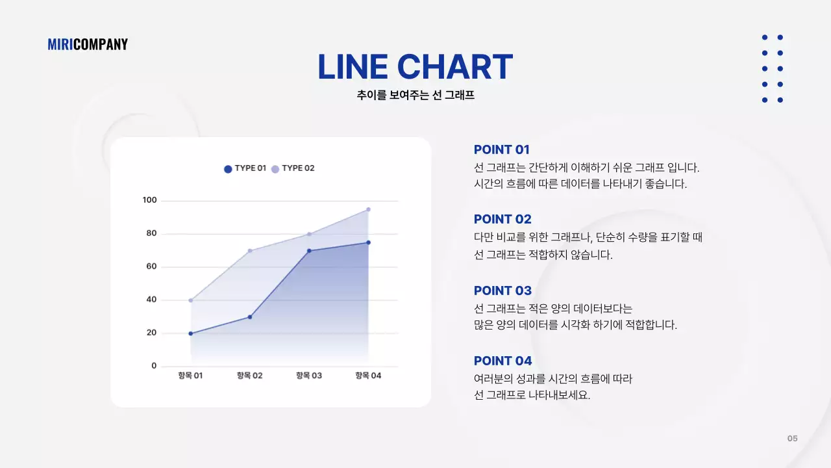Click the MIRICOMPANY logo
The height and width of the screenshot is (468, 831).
(88, 44)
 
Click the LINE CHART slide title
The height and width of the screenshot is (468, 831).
(415, 67)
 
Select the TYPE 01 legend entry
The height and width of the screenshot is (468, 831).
(245, 168)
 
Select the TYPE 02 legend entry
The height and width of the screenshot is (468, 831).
(293, 168)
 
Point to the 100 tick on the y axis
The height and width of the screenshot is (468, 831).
(150, 200)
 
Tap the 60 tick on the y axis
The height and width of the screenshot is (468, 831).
(151, 266)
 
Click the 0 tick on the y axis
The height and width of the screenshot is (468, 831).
(154, 366)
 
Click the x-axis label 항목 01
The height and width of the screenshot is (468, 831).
(190, 376)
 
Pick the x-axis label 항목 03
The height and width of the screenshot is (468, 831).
(309, 376)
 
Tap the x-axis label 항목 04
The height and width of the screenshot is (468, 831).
(368, 376)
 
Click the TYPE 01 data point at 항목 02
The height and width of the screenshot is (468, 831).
(250, 317)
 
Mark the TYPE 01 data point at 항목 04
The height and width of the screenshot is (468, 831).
(368, 242)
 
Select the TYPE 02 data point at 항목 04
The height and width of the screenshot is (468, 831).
(368, 209)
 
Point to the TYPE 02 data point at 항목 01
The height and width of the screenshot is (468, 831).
(191, 300)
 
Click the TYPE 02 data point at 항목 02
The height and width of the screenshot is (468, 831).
(250, 251)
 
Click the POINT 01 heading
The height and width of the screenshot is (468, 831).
(502, 149)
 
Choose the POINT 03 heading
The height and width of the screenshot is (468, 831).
(502, 291)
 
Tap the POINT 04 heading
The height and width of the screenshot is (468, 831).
(502, 361)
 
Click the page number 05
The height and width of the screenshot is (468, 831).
(792, 439)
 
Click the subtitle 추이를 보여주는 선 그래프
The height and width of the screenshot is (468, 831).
(415, 96)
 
